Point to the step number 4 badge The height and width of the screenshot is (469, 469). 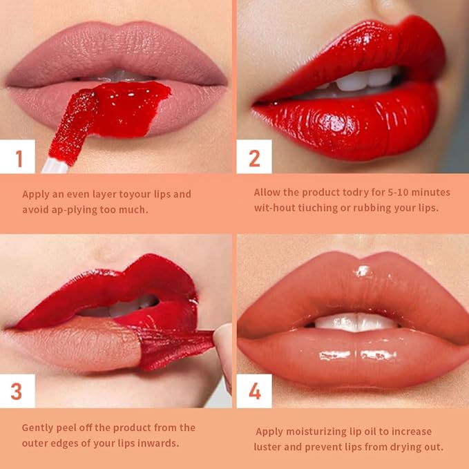254,391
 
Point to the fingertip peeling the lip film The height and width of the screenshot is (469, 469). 223,345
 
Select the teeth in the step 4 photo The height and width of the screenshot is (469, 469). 356,322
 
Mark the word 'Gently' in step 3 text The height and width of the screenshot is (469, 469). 38,428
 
